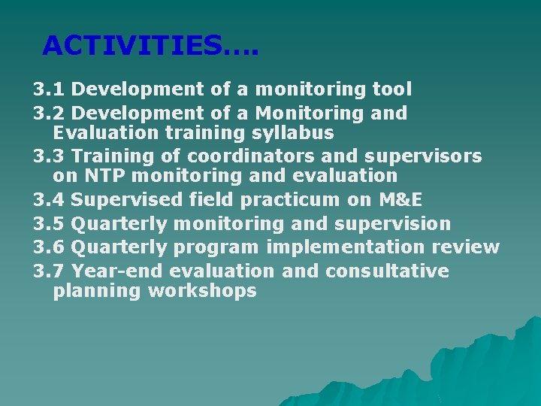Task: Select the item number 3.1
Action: (49, 90)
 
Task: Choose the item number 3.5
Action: (49, 224)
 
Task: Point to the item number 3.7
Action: (49, 271)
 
